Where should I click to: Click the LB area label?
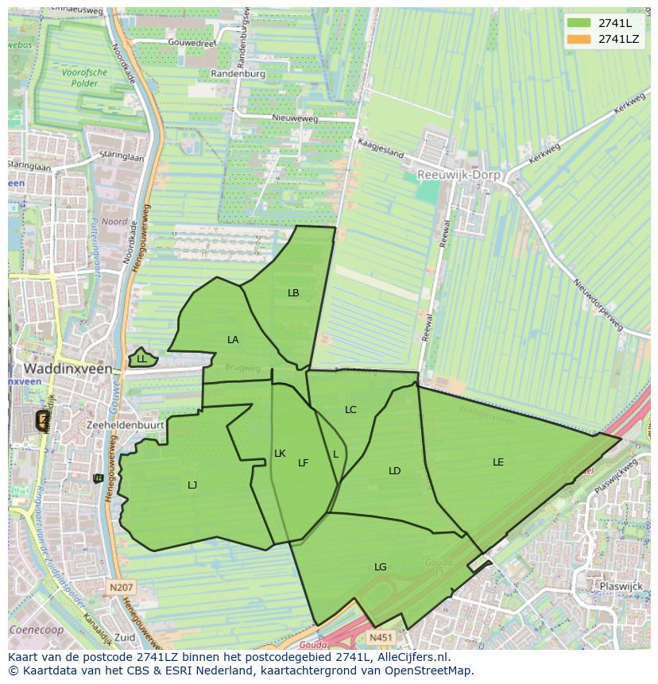293,293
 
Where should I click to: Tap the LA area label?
233,340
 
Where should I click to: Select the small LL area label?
141,359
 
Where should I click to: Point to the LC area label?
350,410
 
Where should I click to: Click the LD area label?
394,471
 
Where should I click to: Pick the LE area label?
498,462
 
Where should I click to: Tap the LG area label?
381,567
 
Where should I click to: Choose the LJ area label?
192,485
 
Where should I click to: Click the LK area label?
280,454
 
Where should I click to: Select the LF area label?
303,463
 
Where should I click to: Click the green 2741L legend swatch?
579,23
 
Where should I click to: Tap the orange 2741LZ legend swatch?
579,39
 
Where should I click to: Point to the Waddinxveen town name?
66,369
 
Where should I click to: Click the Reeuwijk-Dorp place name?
457,174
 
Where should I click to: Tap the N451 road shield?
380,637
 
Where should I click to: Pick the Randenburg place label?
238,74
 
